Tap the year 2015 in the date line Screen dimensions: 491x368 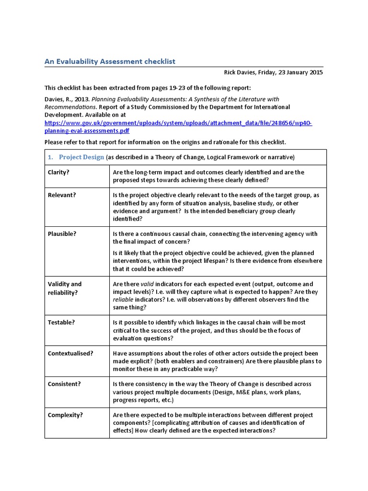point(315,72)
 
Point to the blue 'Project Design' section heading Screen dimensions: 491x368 point(81,157)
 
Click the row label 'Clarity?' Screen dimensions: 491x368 point(58,172)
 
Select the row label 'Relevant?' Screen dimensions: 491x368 point(61,196)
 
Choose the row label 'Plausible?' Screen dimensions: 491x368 point(62,234)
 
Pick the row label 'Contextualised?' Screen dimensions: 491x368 point(70,353)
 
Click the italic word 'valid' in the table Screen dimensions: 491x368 point(148,284)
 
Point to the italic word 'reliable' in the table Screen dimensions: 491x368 point(123,300)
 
